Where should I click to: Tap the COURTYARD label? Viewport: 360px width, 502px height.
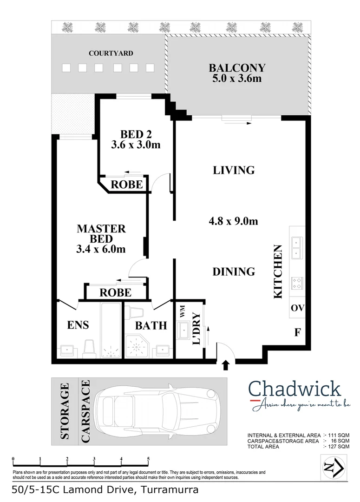pyautogui.click(x=111, y=53)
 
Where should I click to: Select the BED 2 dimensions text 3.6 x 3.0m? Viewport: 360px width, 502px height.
pyautogui.click(x=136, y=145)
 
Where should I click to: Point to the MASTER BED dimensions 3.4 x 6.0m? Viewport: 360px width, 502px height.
pyautogui.click(x=101, y=250)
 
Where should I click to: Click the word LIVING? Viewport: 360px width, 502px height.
pyautogui.click(x=234, y=170)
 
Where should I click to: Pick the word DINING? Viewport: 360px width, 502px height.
pyautogui.click(x=234, y=271)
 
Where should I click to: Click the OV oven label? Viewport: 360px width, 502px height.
pyautogui.click(x=297, y=308)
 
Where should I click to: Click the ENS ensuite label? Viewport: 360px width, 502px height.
pyautogui.click(x=78, y=325)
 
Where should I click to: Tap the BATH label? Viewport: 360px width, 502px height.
pyautogui.click(x=151, y=325)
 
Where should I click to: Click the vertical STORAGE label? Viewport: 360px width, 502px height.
pyautogui.click(x=65, y=411)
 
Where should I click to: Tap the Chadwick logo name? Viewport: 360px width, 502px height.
pyautogui.click(x=295, y=389)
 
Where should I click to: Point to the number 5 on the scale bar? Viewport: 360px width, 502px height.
pyautogui.click(x=148, y=459)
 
